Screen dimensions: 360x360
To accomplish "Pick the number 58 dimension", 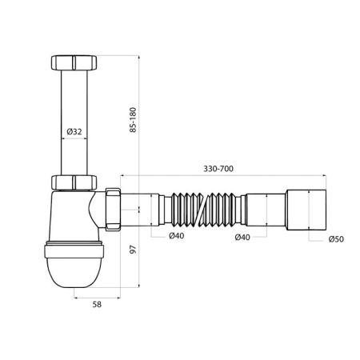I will [x=95, y=304].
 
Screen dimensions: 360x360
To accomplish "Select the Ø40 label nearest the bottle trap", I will [x=178, y=237].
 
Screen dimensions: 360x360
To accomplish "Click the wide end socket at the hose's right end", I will [x=303, y=211].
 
